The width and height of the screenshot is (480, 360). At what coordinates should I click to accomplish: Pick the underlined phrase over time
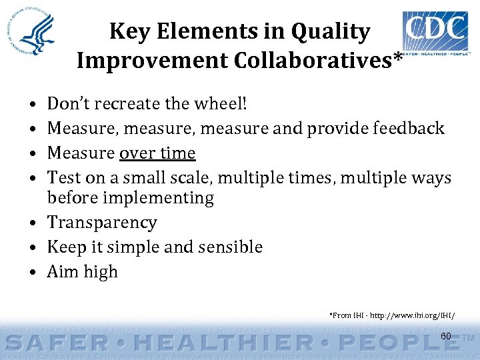pyautogui.click(x=157, y=153)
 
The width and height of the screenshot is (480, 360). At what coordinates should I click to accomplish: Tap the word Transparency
pyautogui.click(x=102, y=223)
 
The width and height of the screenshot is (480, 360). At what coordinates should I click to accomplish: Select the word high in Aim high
pyautogui.click(x=100, y=272)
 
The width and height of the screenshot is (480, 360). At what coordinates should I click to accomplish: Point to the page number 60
pyautogui.click(x=446, y=335)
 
